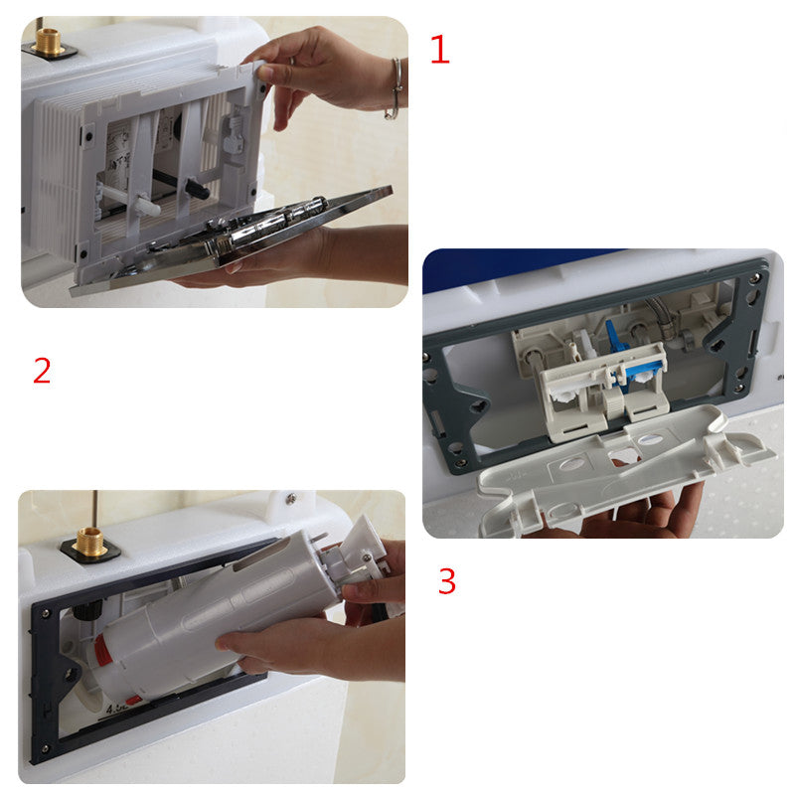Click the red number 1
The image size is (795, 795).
439,50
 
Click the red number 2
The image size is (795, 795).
41,371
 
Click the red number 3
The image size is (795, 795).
447,581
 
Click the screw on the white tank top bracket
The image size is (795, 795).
291,500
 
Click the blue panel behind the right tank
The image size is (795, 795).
517,268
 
